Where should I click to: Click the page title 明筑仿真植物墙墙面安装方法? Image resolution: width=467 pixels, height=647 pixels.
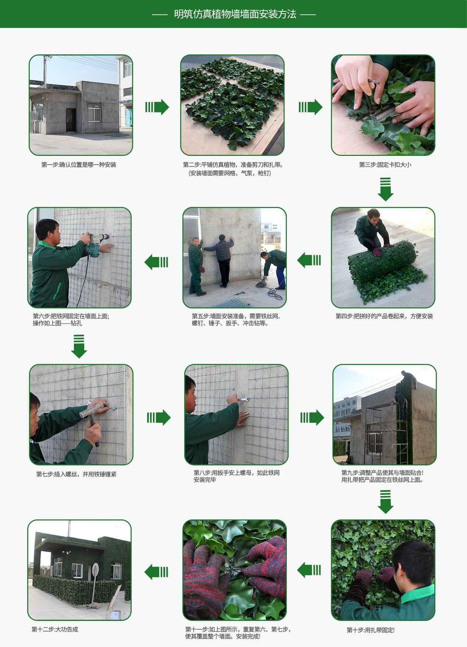click(235, 14)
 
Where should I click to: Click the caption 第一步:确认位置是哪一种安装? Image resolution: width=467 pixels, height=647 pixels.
click(79, 165)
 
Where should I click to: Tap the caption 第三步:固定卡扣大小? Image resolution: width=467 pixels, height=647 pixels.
click(385, 165)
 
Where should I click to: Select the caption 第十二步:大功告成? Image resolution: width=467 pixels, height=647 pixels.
click(55, 629)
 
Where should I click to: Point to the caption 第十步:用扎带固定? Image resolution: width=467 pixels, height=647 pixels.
click(370, 630)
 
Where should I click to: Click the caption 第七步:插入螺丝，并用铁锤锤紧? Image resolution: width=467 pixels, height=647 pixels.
click(76, 474)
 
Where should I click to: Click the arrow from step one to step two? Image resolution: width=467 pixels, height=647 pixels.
click(157, 107)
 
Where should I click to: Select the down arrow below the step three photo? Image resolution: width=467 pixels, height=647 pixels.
click(385, 189)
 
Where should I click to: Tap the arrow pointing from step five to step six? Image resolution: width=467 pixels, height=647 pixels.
click(156, 262)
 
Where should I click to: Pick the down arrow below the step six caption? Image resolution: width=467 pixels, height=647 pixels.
click(79, 346)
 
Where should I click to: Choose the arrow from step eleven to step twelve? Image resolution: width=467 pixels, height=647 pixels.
click(156, 572)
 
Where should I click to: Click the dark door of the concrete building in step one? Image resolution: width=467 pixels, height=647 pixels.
click(71, 120)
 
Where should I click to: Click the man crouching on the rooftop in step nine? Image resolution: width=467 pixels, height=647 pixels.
click(409, 379)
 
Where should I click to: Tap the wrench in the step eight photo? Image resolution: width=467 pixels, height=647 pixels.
click(242, 399)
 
